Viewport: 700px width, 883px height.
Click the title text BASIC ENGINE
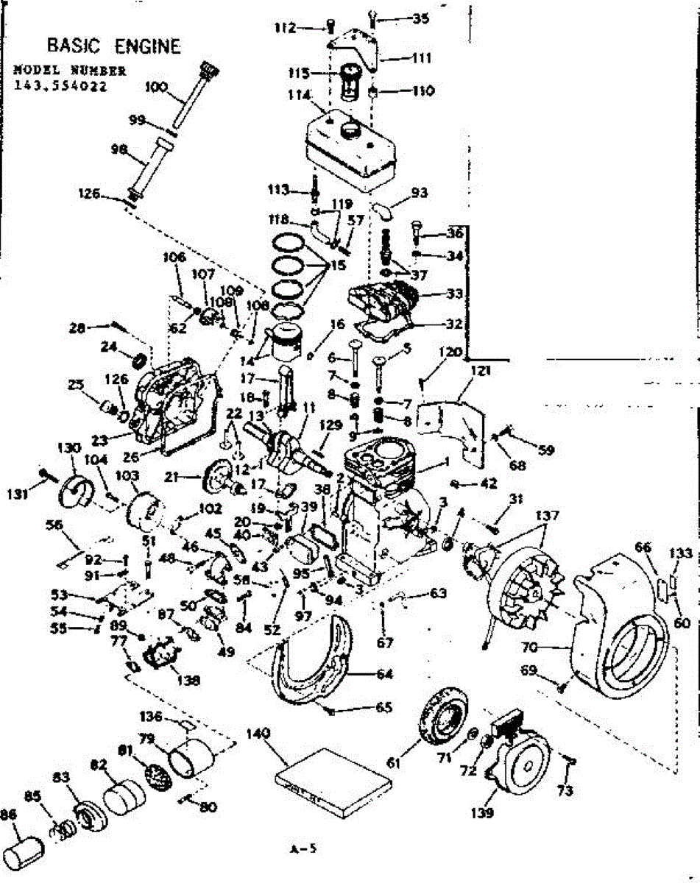click(113, 46)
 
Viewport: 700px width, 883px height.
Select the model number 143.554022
click(60, 85)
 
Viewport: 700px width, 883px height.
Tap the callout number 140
click(259, 734)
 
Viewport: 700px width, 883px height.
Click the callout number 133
click(682, 553)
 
